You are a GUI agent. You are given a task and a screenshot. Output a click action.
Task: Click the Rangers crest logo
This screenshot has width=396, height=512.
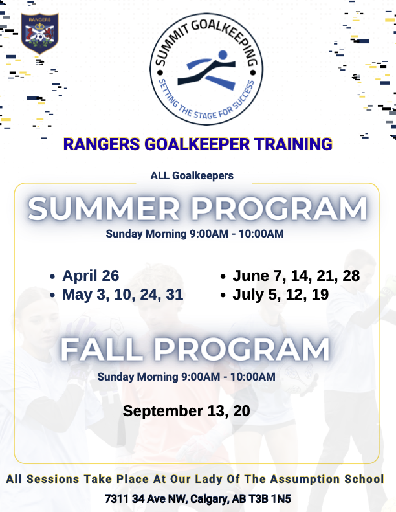(x=39, y=33)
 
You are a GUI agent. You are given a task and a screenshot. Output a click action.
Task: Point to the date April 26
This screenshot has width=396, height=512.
(x=91, y=276)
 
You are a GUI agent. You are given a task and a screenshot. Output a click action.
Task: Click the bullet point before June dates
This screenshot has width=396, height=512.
(x=223, y=276)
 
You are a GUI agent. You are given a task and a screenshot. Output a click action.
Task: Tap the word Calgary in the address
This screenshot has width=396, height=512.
(x=207, y=499)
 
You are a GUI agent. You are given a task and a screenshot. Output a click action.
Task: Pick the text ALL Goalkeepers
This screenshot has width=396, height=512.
(x=192, y=175)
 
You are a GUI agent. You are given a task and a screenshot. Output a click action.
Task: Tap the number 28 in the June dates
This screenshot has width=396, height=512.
(x=351, y=276)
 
